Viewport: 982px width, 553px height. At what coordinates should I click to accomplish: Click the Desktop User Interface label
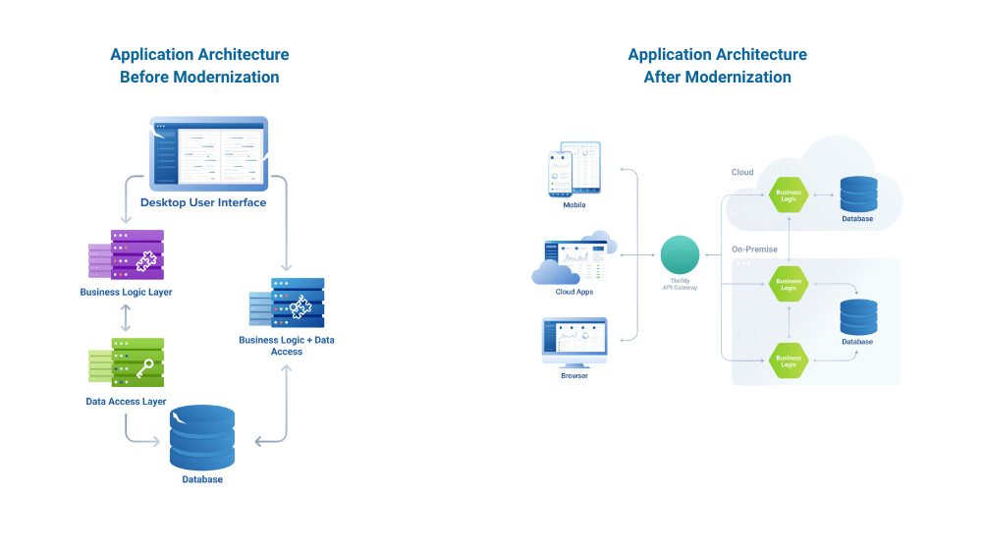(203, 202)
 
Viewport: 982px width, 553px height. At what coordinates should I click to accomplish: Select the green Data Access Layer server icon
(128, 363)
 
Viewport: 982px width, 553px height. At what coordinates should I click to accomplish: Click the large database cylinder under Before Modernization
(202, 437)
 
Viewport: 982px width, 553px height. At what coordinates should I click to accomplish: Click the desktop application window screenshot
(209, 153)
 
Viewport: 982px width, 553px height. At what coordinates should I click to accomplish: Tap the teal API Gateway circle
(680, 254)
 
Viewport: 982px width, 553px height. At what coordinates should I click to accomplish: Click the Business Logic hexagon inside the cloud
(789, 194)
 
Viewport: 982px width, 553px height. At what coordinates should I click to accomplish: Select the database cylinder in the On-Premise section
(857, 316)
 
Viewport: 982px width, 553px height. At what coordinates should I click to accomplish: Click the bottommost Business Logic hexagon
(789, 359)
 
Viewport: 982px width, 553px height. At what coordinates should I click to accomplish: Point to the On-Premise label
(754, 249)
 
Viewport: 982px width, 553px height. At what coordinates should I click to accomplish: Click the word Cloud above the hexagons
(742, 172)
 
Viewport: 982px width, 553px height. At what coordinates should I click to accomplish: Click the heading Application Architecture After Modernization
(717, 66)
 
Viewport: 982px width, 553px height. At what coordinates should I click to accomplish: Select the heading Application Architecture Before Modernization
(199, 66)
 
